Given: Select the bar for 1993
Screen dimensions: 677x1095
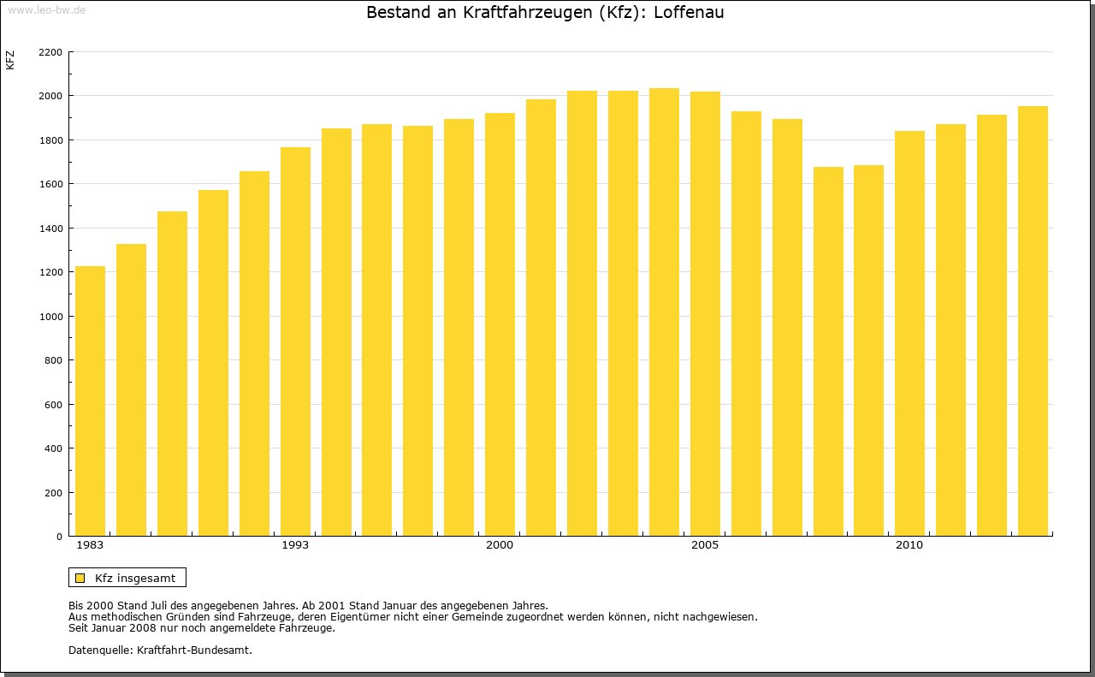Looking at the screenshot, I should click(295, 341).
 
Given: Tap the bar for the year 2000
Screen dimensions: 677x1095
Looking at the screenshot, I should click(500, 324).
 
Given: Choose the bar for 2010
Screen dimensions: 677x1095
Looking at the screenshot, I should click(909, 333).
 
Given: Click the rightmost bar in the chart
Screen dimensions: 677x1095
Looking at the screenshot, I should click(1033, 321).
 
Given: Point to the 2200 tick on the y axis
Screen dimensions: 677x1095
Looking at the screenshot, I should click(50, 52).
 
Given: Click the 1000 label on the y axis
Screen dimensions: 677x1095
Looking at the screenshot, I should click(50, 317).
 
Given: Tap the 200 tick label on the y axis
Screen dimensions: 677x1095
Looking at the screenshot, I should click(54, 493).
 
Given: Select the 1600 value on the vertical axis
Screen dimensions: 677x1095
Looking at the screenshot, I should click(50, 184).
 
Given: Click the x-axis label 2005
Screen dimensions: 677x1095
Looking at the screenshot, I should click(705, 545).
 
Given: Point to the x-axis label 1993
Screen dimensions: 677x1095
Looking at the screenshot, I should click(295, 545).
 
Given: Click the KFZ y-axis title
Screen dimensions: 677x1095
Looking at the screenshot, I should click(10, 60).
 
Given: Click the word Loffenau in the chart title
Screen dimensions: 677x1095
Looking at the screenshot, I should click(689, 13).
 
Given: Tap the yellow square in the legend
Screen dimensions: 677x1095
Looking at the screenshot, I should click(80, 578).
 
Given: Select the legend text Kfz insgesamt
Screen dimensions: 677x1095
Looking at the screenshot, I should click(135, 578).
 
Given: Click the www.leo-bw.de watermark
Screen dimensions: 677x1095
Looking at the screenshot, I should click(45, 9).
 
